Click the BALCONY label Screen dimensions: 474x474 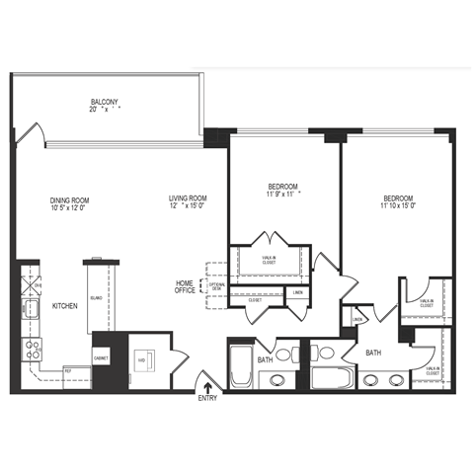coord(105,102)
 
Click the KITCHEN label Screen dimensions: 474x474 coord(65,306)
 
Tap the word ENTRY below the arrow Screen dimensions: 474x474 coord(206,398)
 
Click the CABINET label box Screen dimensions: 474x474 coord(101,356)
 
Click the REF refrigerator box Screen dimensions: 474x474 coord(68,371)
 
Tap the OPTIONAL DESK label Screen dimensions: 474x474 coord(217,287)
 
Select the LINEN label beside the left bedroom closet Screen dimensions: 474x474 coord(297,292)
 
